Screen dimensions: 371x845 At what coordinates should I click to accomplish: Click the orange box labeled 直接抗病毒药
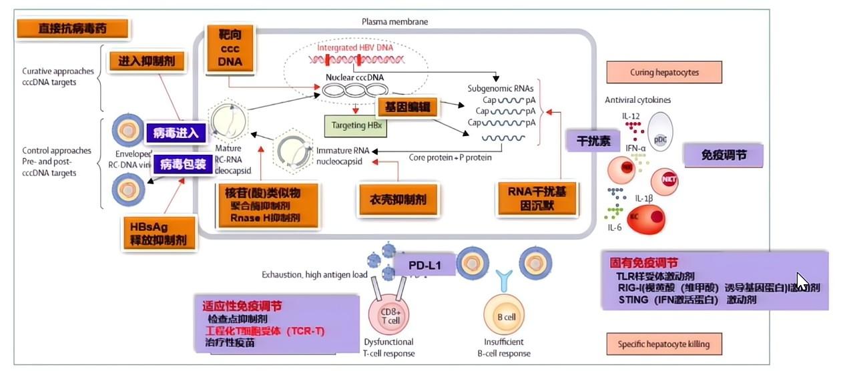click(73, 29)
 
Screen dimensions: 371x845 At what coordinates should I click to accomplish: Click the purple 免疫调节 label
click(724, 155)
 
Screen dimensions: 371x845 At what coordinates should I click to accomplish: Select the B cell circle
click(509, 317)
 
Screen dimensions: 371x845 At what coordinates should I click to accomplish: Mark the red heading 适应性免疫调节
click(242, 306)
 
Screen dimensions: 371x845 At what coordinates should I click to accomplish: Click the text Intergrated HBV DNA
click(355, 48)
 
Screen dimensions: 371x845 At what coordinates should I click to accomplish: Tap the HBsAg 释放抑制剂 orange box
click(160, 233)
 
